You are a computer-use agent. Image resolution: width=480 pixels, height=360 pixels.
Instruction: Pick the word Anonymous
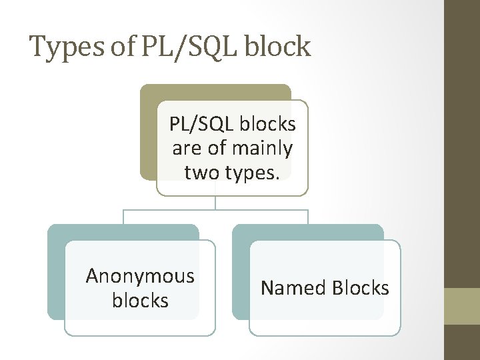point(140,276)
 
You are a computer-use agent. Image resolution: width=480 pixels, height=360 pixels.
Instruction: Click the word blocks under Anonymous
point(140,300)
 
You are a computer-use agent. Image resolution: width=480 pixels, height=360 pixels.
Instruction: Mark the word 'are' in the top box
point(187,147)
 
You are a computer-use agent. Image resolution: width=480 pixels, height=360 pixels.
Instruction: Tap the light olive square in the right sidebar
point(462,306)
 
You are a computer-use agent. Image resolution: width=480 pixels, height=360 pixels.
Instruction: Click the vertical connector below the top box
point(215,203)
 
